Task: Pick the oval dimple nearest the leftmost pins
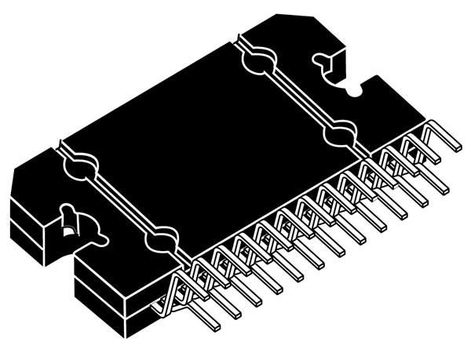[162, 236]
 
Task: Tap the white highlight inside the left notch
[69, 230]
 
